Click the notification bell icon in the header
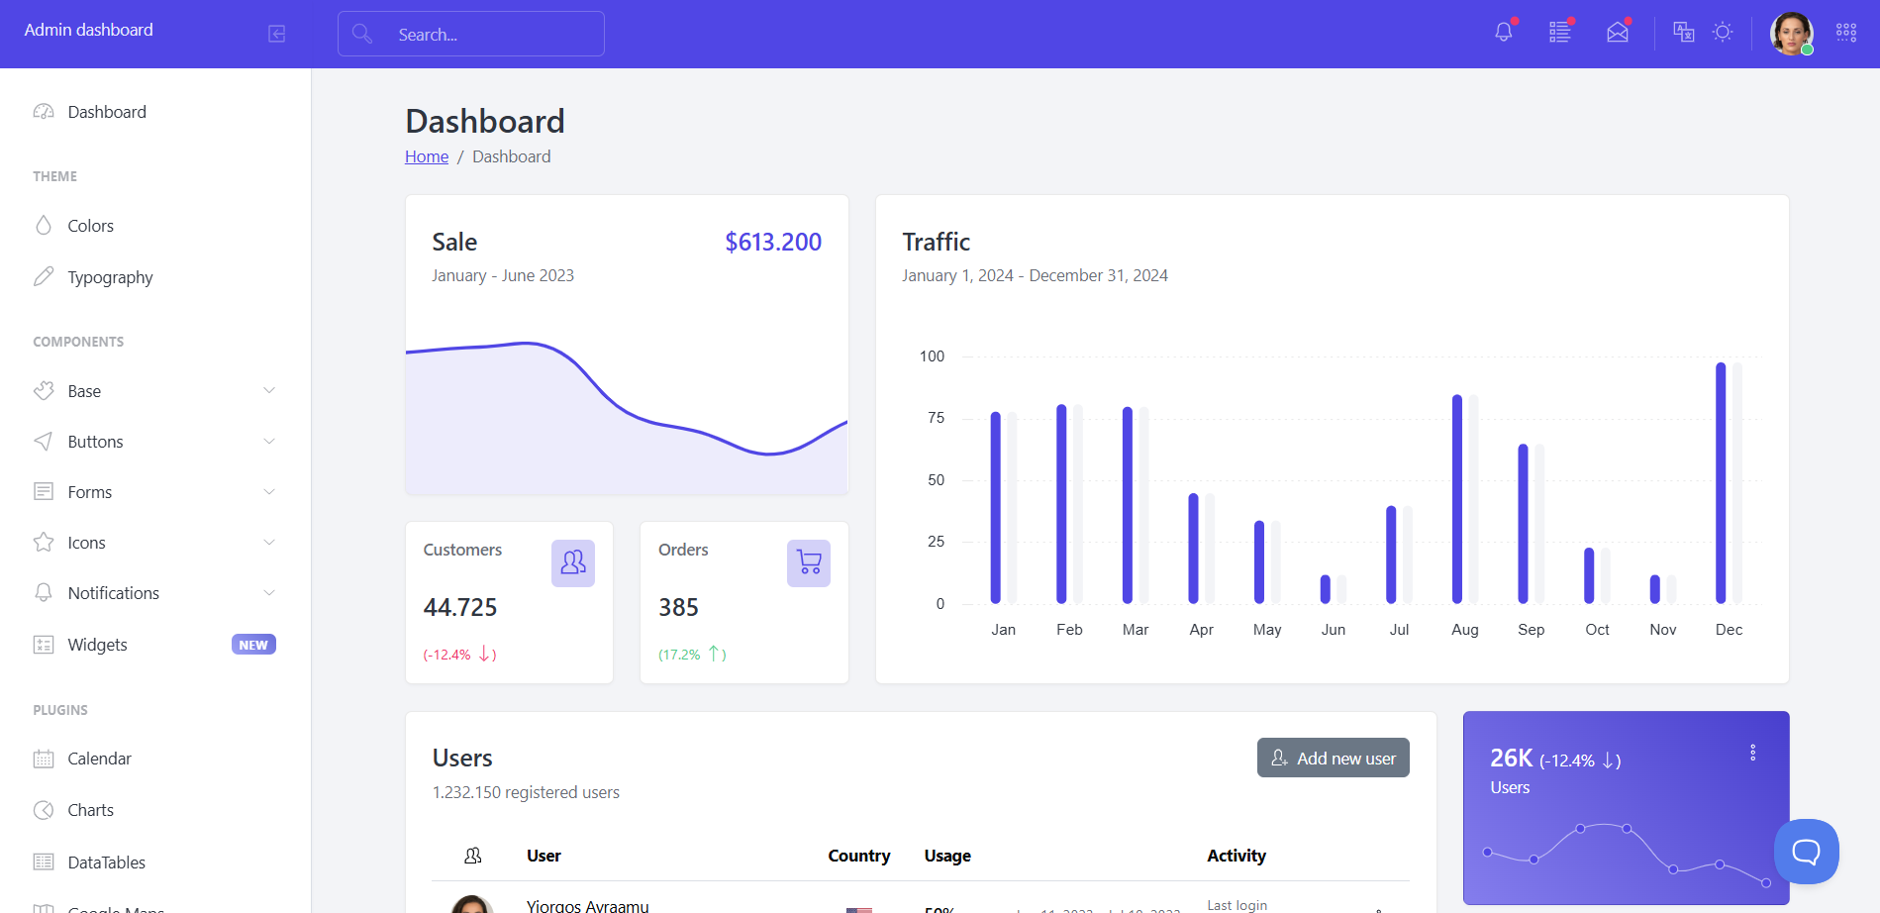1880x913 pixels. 1503,33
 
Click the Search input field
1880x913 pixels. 471,34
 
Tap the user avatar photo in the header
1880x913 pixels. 1791,34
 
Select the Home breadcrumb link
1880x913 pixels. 427,156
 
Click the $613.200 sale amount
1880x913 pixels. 772,242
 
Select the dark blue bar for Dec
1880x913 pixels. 1721,483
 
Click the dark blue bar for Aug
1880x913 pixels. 1457,499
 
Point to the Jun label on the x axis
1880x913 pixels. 1333,630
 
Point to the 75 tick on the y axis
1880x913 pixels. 936,418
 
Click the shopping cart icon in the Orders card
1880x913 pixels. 809,562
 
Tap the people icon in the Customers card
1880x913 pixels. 573,562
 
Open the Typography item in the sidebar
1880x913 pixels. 110,277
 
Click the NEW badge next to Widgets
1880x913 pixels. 253,645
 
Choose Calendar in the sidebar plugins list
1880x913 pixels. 99,759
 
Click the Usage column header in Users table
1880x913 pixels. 947,856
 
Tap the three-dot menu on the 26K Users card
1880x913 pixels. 1752,753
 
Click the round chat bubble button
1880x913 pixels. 1806,852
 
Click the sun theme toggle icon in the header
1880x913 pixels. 1723,33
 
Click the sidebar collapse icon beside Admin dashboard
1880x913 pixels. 277,34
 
